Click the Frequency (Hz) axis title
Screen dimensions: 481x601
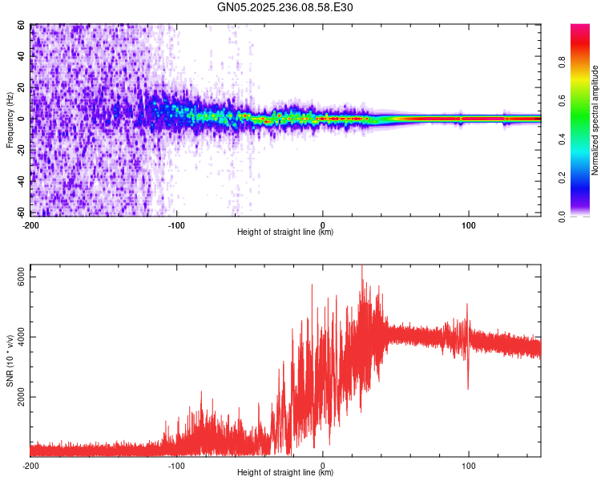pos(10,120)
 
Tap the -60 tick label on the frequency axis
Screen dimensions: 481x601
pos(19,212)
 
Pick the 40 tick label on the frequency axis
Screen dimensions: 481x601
pos(21,57)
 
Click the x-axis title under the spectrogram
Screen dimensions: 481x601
pos(285,232)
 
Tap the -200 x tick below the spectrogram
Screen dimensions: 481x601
pos(30,224)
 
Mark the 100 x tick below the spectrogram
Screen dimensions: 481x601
pos(469,224)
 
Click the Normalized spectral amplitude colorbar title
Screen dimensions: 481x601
pos(595,120)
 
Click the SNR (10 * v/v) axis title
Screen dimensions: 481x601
pos(10,361)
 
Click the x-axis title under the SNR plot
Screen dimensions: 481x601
pos(285,473)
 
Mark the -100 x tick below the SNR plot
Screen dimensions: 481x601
pos(176,465)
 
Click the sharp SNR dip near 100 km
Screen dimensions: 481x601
pos(468,388)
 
